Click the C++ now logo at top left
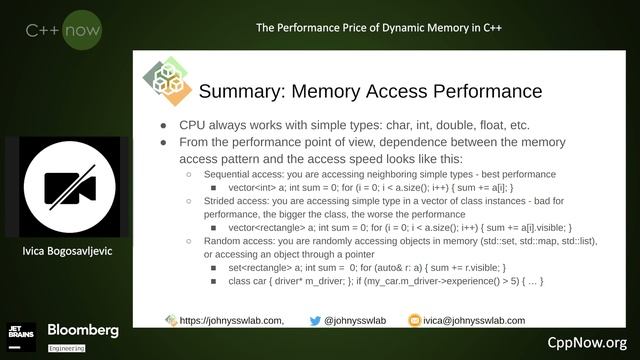[x=63, y=31]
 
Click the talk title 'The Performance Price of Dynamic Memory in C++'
[x=378, y=27]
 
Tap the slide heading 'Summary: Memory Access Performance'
[x=370, y=92]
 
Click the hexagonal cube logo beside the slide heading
[x=165, y=83]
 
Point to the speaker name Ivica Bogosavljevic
[x=68, y=250]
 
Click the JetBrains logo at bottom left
[x=23, y=333]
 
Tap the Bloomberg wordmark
[x=83, y=329]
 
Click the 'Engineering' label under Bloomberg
[x=67, y=347]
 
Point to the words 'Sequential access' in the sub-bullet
[x=241, y=174]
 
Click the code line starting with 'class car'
[x=385, y=282]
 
